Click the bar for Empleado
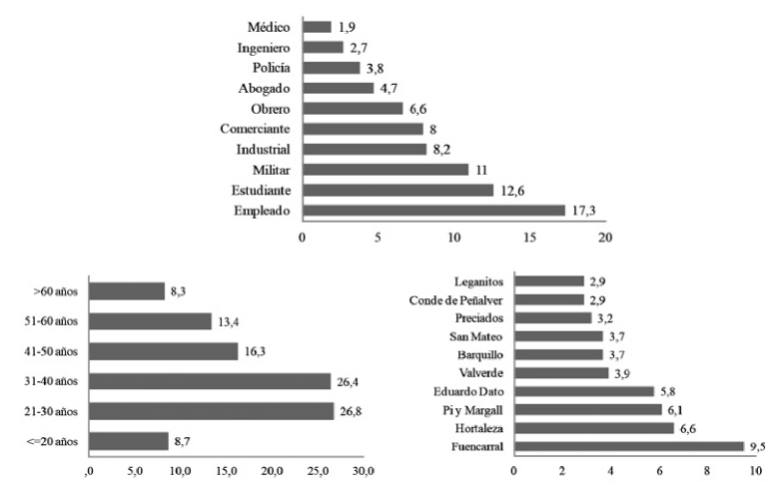(x=433, y=211)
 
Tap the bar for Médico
(x=317, y=27)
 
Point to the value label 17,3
(x=584, y=211)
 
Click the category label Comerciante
(x=255, y=129)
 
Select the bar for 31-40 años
(x=210, y=380)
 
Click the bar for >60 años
(x=126, y=291)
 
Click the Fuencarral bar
(x=629, y=446)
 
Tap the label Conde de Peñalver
(x=456, y=300)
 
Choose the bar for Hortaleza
(x=594, y=428)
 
